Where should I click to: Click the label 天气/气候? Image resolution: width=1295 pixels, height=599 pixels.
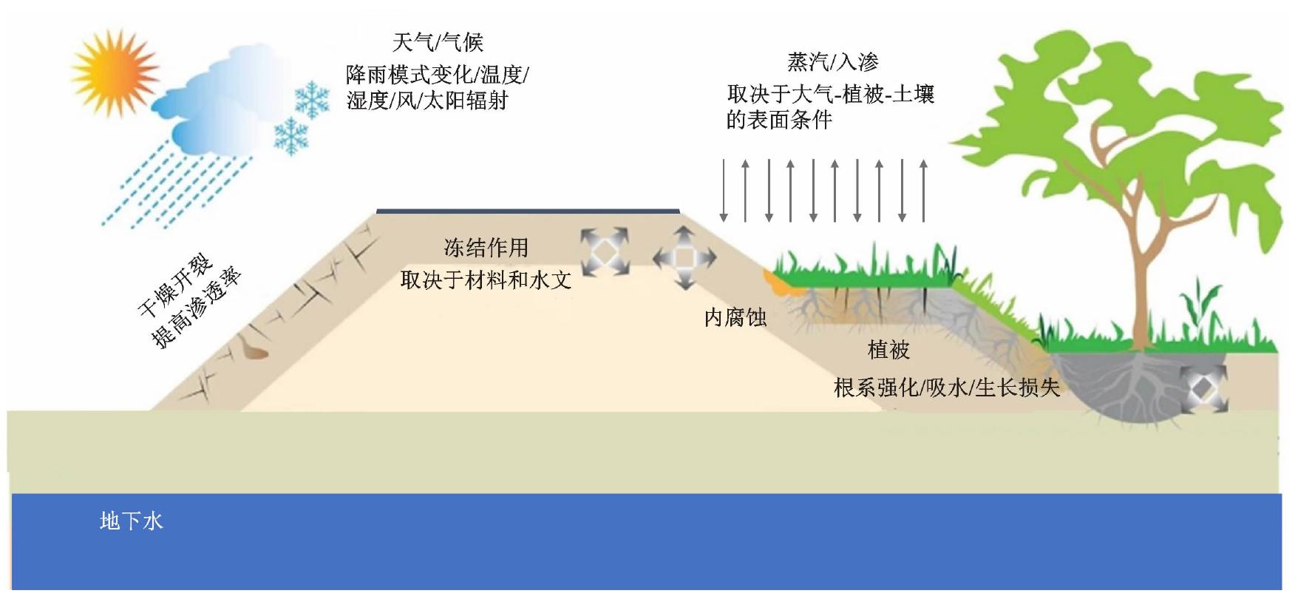437,42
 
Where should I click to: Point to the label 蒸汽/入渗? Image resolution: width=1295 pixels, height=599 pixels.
832,62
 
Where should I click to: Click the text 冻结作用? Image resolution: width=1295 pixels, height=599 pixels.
486,248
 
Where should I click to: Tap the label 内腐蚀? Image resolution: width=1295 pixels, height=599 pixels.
735,318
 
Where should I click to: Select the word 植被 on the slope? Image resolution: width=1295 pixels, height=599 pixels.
888,351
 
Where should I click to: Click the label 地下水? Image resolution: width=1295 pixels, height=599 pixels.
131,521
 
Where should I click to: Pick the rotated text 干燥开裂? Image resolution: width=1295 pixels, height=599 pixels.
175,285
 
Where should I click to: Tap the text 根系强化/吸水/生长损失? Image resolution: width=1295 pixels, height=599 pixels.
946,388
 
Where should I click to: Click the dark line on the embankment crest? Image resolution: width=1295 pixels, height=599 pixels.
528,211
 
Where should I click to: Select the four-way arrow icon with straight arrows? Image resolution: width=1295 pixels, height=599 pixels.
684,258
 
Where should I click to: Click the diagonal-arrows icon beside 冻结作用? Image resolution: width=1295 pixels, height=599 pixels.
604,251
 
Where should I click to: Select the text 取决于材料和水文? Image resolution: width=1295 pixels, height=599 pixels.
486,280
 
